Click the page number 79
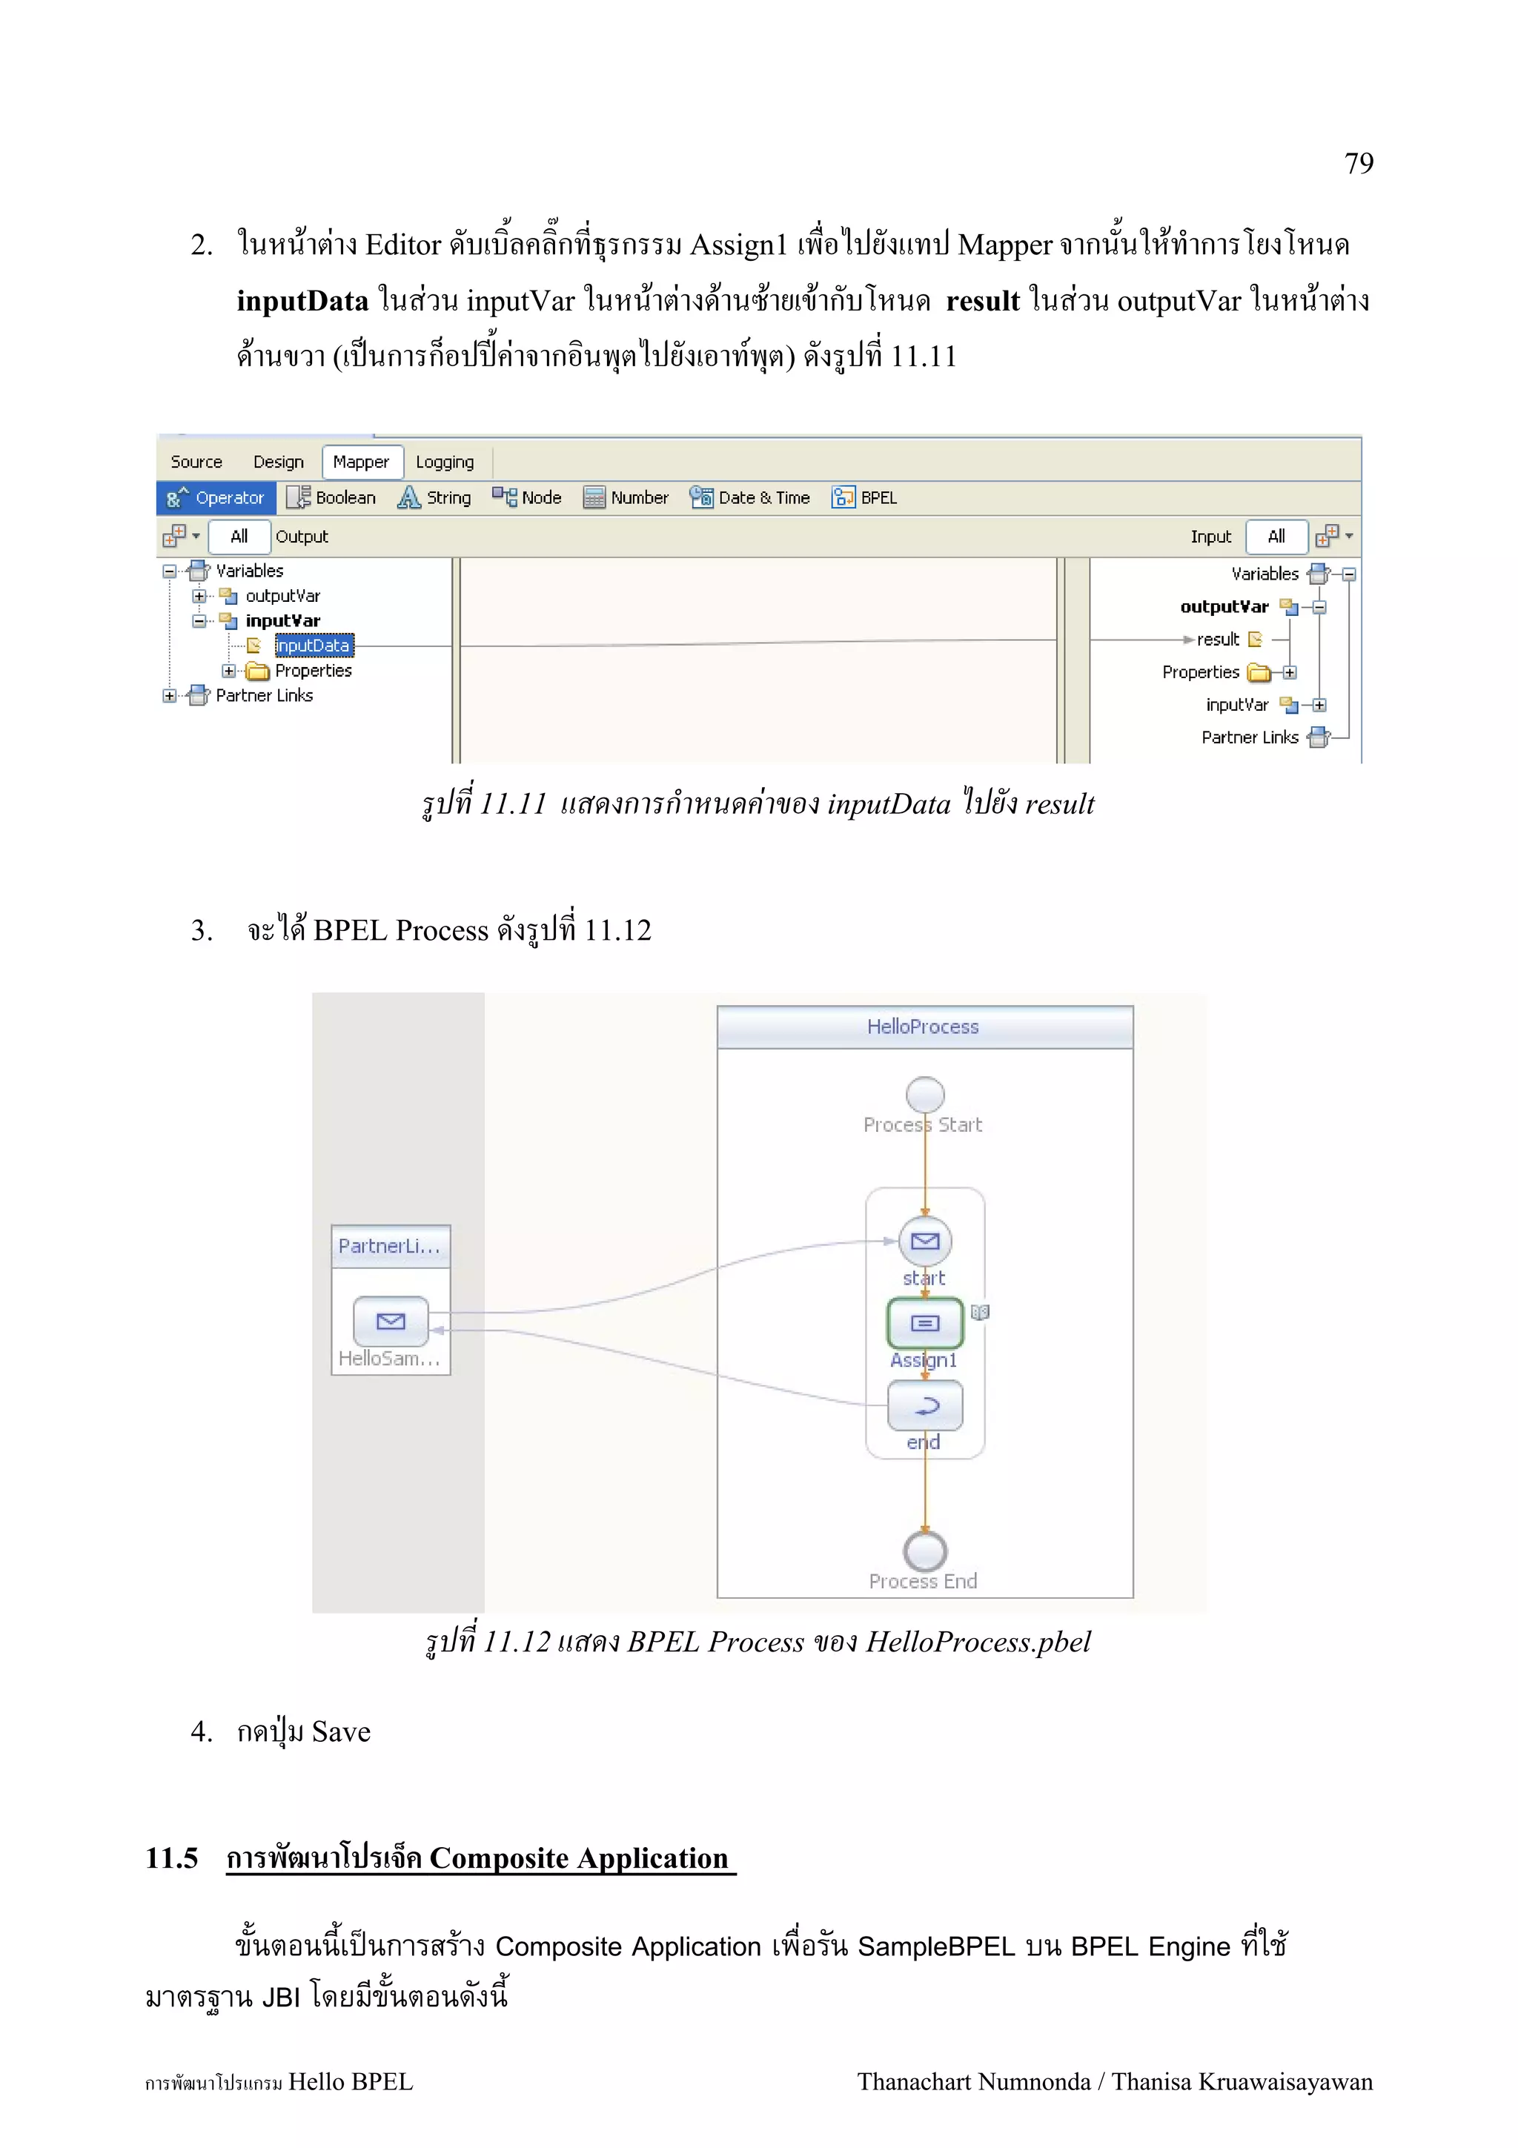(1358, 164)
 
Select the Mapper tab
(362, 463)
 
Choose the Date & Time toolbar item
(750, 497)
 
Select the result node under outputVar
(1218, 640)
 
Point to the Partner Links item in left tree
(264, 695)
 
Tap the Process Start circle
(924, 1095)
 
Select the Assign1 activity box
(924, 1323)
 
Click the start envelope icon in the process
(924, 1242)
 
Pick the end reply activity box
(924, 1405)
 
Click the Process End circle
(924, 1552)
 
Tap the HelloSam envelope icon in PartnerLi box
(390, 1321)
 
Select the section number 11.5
(171, 1858)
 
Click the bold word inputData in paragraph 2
(302, 301)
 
